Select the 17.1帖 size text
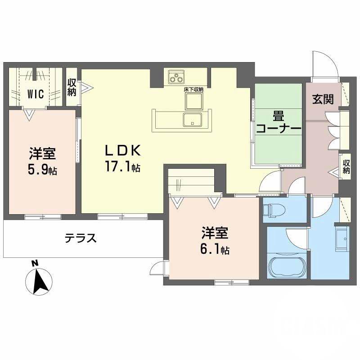pyautogui.click(x=122, y=167)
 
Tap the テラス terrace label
pyautogui.click(x=81, y=238)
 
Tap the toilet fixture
pyautogui.click(x=272, y=209)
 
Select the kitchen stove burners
pyautogui.click(x=175, y=77)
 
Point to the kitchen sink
pyautogui.click(x=193, y=120)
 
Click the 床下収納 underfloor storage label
pyautogui.click(x=193, y=90)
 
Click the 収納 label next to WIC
pyautogui.click(x=72, y=87)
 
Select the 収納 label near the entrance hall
pyautogui.click(x=346, y=166)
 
